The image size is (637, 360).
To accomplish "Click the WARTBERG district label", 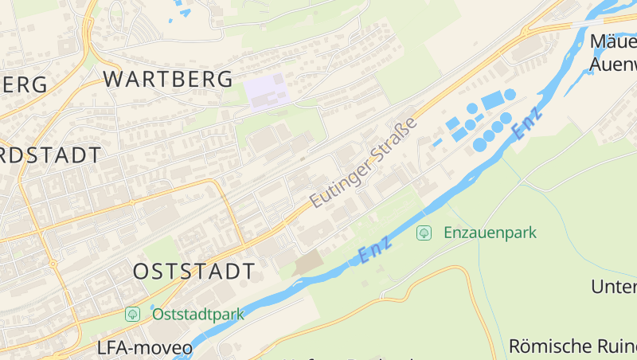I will tap(168, 79).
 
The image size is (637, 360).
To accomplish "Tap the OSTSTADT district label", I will tap(194, 271).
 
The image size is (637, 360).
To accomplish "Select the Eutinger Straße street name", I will tap(364, 163).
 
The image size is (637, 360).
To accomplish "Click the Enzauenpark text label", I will tap(490, 233).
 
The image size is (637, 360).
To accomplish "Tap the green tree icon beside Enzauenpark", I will tap(424, 233).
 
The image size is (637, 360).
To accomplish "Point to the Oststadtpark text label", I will tap(197, 314).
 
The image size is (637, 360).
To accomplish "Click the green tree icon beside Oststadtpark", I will tap(133, 314).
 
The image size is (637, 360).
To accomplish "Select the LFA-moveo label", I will tap(144, 348).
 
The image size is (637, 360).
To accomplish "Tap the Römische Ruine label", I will tap(572, 346).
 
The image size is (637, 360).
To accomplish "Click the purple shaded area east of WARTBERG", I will tap(264, 91).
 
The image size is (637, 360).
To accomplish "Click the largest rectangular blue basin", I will tap(492, 100).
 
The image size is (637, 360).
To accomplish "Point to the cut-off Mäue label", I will tap(613, 41).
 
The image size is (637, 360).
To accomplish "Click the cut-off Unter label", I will tap(614, 287).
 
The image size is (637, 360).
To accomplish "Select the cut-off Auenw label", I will tap(613, 63).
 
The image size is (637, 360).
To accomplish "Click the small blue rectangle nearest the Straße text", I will tap(437, 143).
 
